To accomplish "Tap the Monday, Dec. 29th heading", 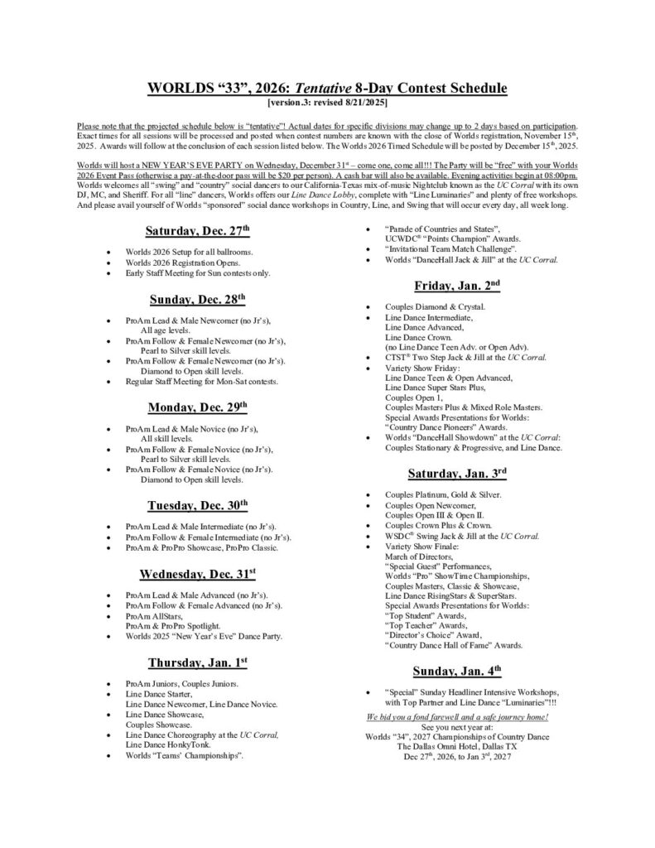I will pyautogui.click(x=197, y=407).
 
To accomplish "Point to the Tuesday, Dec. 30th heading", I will pyautogui.click(x=197, y=505).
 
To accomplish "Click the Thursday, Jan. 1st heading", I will pyautogui.click(x=198, y=662).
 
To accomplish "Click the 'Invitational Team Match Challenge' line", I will pyautogui.click(x=450, y=249).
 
